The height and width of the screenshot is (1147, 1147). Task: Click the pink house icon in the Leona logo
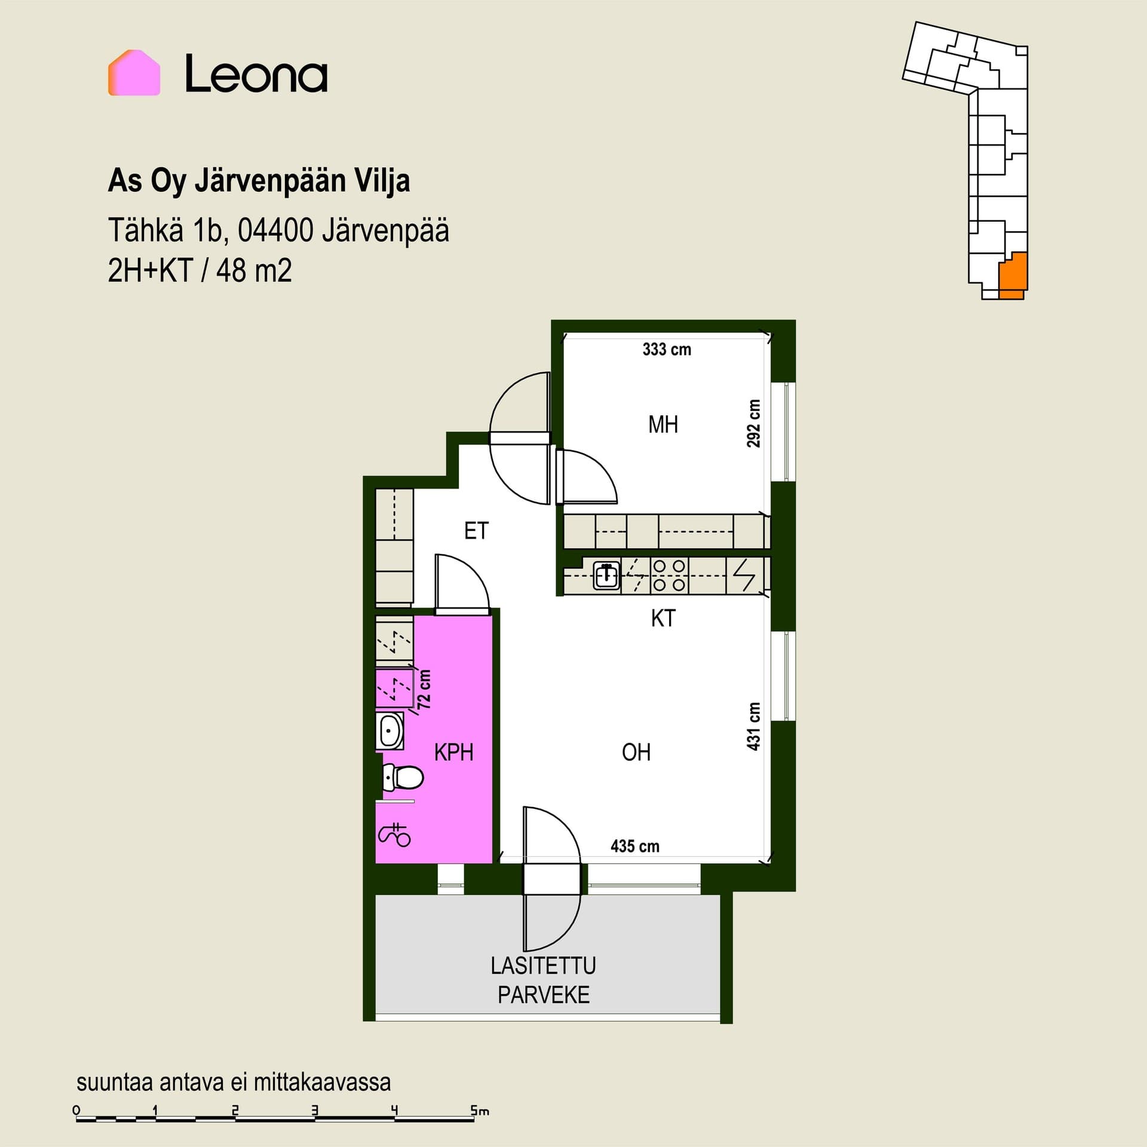tap(134, 72)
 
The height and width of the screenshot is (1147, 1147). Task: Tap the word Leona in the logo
tap(256, 74)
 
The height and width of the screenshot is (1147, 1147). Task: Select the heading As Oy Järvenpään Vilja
tap(259, 181)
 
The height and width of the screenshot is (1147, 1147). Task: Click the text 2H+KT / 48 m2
tap(200, 271)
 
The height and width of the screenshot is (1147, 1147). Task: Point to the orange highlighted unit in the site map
tap(1013, 275)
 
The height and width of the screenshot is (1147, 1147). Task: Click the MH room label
tap(663, 425)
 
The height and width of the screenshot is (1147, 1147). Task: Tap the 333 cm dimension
tap(667, 349)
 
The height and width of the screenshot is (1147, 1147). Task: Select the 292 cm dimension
tap(754, 424)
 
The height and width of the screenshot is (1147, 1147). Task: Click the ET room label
tap(476, 530)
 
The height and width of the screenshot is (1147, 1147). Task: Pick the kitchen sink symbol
tap(606, 576)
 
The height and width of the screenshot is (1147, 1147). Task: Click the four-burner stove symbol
tap(669, 575)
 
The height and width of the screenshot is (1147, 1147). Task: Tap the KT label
tap(663, 618)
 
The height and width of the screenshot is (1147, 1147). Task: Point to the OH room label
tap(636, 752)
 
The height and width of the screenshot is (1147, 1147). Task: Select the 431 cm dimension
tap(754, 726)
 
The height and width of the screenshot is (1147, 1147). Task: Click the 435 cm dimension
tap(635, 846)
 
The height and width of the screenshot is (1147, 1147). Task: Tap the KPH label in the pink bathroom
tap(454, 752)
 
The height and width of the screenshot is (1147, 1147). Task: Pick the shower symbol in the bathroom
tap(395, 835)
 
